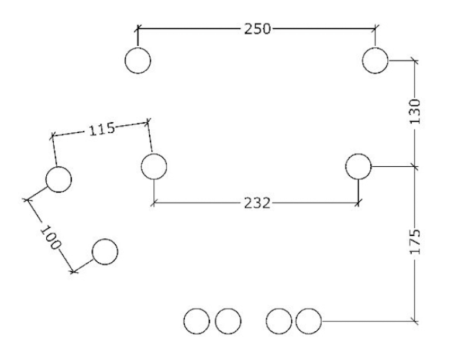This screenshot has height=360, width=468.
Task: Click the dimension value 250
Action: (257, 29)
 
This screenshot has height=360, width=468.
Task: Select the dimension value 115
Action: (102, 129)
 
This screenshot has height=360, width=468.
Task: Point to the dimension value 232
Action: (257, 203)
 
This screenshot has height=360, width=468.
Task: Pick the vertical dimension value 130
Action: (415, 111)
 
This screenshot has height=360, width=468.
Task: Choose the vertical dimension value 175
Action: (415, 242)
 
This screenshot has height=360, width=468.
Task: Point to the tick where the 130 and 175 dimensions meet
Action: (415, 166)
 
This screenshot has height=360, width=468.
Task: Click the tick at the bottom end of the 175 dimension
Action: (415, 321)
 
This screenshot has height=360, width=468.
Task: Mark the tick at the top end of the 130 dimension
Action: (415, 61)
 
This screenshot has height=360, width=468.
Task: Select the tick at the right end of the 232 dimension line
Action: (358, 203)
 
